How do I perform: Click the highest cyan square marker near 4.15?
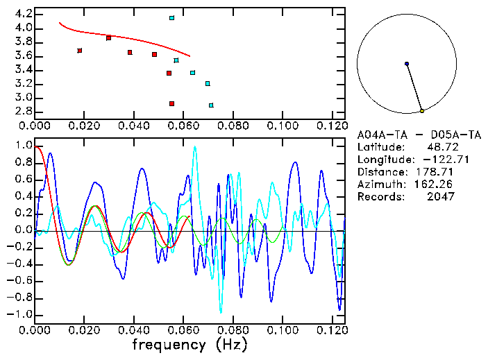(x=171, y=18)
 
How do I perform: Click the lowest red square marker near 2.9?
(x=171, y=104)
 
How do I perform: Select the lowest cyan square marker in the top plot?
(x=211, y=105)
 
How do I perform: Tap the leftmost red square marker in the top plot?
(x=80, y=51)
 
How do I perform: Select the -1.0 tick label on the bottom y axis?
(x=20, y=314)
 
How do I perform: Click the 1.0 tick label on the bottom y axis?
(x=23, y=146)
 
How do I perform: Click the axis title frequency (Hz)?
(x=190, y=344)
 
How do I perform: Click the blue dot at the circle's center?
(x=407, y=64)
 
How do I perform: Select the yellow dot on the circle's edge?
(x=422, y=111)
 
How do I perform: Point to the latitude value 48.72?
(x=441, y=147)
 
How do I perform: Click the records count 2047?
(x=441, y=197)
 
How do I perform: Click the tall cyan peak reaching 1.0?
(x=195, y=147)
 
